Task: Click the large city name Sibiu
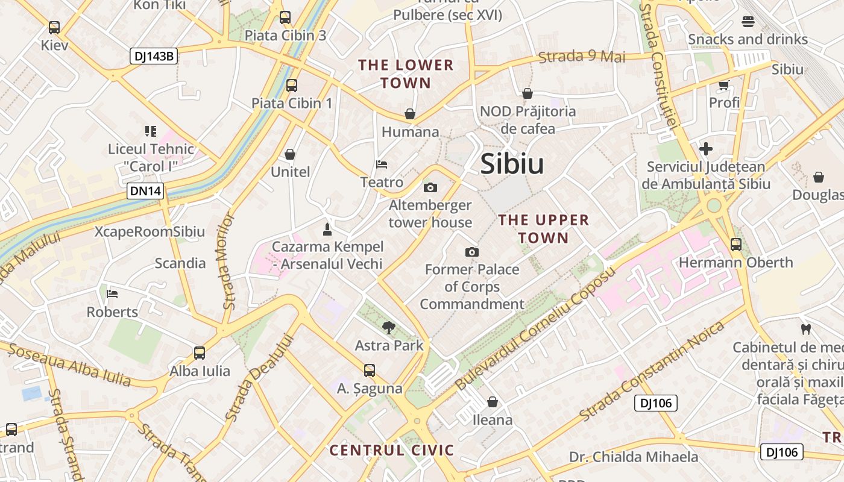(x=512, y=164)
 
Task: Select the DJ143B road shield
(x=154, y=57)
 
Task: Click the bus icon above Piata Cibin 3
(x=285, y=17)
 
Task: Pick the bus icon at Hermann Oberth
(x=735, y=245)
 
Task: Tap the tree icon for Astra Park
(x=389, y=328)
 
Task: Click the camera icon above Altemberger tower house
(x=430, y=187)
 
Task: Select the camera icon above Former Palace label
(x=471, y=252)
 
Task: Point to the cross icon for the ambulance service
(x=706, y=149)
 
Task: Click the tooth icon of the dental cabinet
(x=805, y=330)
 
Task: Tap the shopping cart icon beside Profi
(x=723, y=85)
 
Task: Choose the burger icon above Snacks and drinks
(x=748, y=22)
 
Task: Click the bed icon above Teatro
(x=381, y=164)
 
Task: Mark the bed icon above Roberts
(x=112, y=294)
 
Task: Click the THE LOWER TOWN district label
(x=406, y=74)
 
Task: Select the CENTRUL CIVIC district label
(x=392, y=450)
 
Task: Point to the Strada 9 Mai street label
(x=582, y=57)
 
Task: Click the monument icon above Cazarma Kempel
(x=327, y=229)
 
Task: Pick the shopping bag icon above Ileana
(x=493, y=402)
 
